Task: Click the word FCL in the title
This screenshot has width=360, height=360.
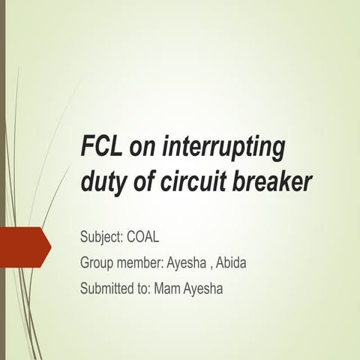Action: pyautogui.click(x=100, y=147)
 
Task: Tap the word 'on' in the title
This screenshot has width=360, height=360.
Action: pyautogui.click(x=143, y=148)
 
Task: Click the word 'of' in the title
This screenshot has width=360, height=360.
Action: pyautogui.click(x=142, y=181)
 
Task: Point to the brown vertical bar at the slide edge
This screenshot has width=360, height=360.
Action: pyautogui.click(x=2, y=180)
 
